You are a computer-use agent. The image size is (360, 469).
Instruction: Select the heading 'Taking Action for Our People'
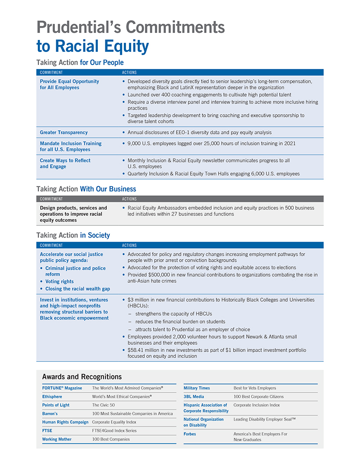tap(80, 62)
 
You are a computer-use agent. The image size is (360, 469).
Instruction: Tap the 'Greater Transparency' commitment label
tap(64, 133)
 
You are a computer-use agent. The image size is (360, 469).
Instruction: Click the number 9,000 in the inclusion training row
tap(134, 144)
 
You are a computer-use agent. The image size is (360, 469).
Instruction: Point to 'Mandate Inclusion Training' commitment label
tap(71, 144)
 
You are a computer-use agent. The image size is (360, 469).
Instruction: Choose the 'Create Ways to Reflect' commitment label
tap(65, 161)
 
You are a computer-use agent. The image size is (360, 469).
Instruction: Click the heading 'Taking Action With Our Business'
tap(86, 189)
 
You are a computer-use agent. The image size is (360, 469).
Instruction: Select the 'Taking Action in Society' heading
tap(73, 235)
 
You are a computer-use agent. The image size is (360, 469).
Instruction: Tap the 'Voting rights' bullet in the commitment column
tap(59, 281)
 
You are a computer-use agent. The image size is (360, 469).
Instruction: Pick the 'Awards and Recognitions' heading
tap(82, 376)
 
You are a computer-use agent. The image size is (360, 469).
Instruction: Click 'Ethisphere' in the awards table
tap(52, 397)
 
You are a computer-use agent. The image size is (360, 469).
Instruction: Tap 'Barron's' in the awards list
tap(50, 414)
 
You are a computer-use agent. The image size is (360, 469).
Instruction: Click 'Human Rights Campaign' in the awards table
tap(65, 422)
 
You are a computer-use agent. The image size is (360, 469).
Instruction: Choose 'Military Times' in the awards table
tap(197, 388)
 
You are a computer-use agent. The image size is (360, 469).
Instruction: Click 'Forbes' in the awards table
tap(190, 434)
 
